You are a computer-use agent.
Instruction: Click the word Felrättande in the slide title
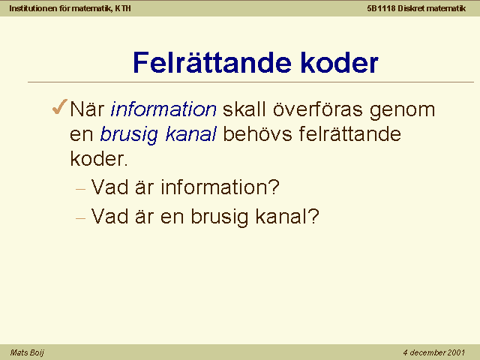tap(211, 63)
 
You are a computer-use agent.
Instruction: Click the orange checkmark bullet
tap(60, 106)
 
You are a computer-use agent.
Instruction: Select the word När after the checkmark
tap(87, 109)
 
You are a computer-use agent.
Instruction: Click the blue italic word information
tap(163, 109)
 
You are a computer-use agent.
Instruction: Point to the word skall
tap(244, 109)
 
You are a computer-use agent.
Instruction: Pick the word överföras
tap(318, 109)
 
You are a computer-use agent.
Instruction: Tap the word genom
tap(402, 111)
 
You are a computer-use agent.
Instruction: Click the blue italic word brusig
tap(129, 135)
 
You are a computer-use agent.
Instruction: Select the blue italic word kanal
tap(190, 133)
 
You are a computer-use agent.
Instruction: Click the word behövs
tap(257, 133)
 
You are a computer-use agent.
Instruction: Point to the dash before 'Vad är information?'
tap(80, 190)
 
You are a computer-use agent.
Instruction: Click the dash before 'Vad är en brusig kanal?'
tap(80, 218)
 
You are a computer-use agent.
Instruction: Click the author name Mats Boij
tap(27, 352)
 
